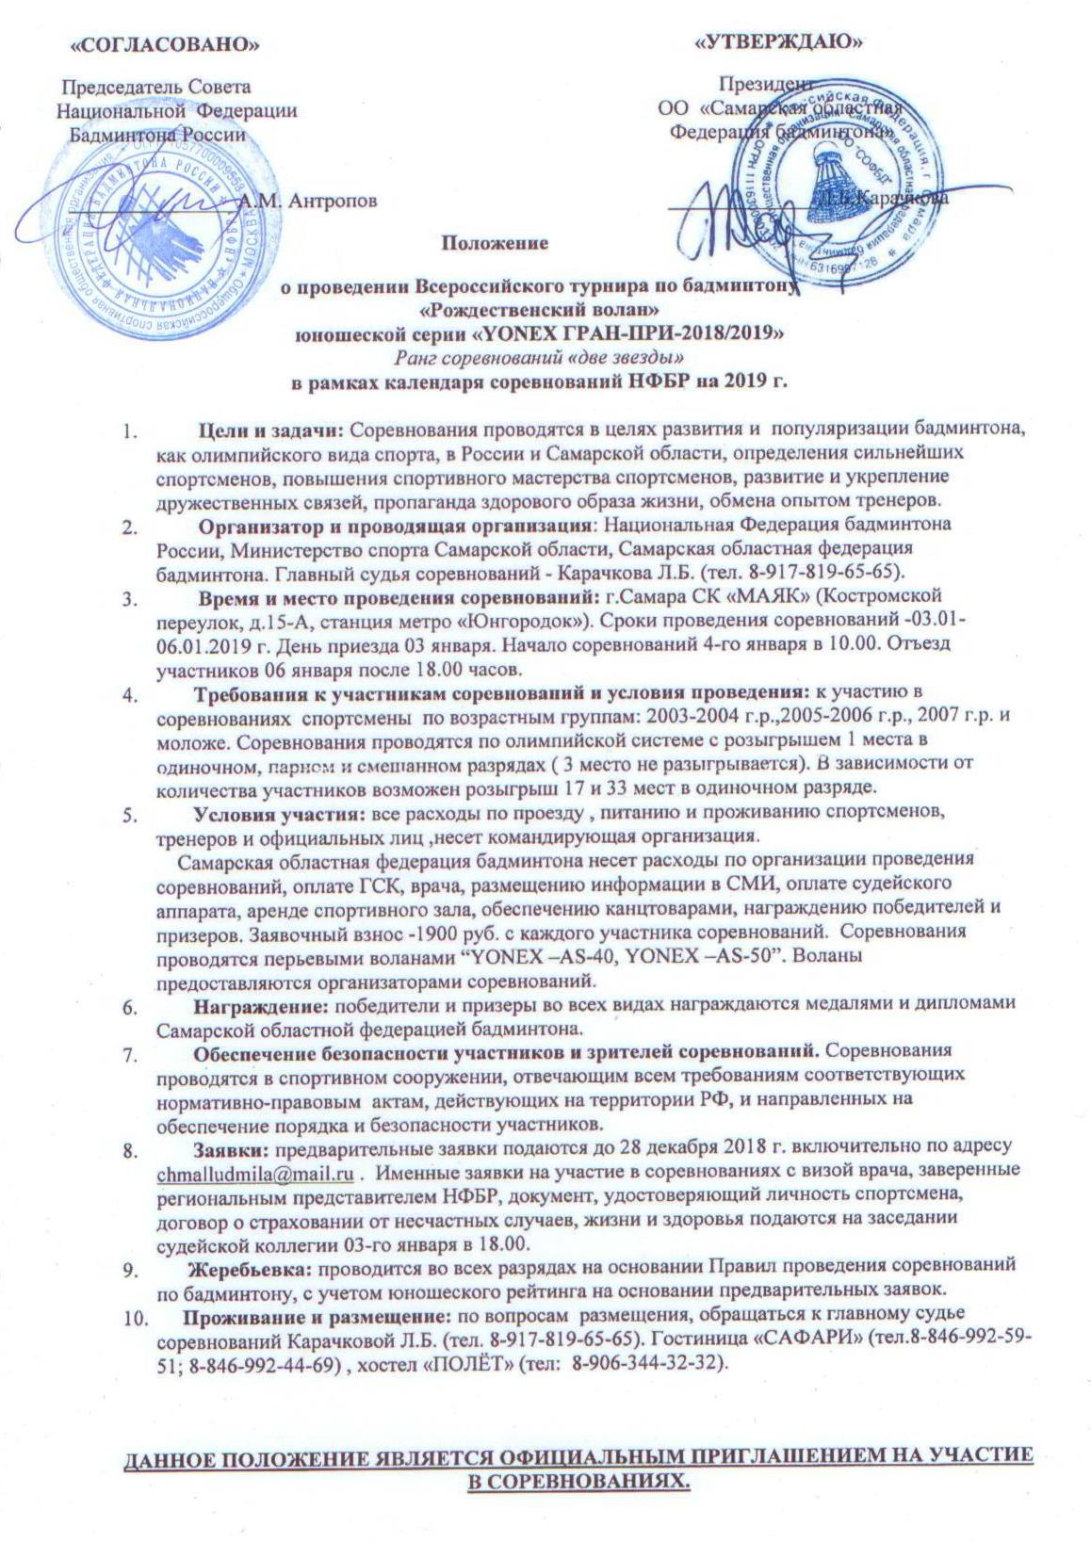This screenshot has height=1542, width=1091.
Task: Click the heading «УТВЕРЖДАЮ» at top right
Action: (x=780, y=41)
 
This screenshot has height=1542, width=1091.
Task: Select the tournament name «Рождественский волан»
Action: (x=538, y=307)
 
